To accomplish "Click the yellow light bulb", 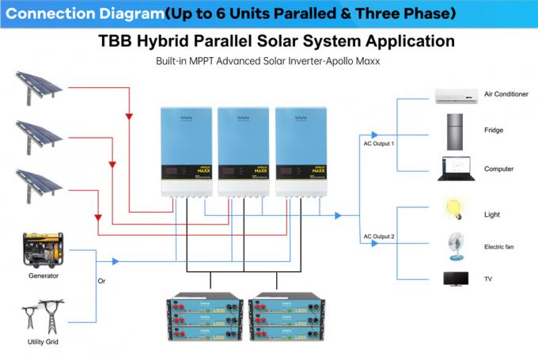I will point(453,210).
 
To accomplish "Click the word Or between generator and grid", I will point(100,281).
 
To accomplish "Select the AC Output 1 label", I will point(378,143).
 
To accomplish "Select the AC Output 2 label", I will point(378,237).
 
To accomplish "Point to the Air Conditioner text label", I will point(505,94).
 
